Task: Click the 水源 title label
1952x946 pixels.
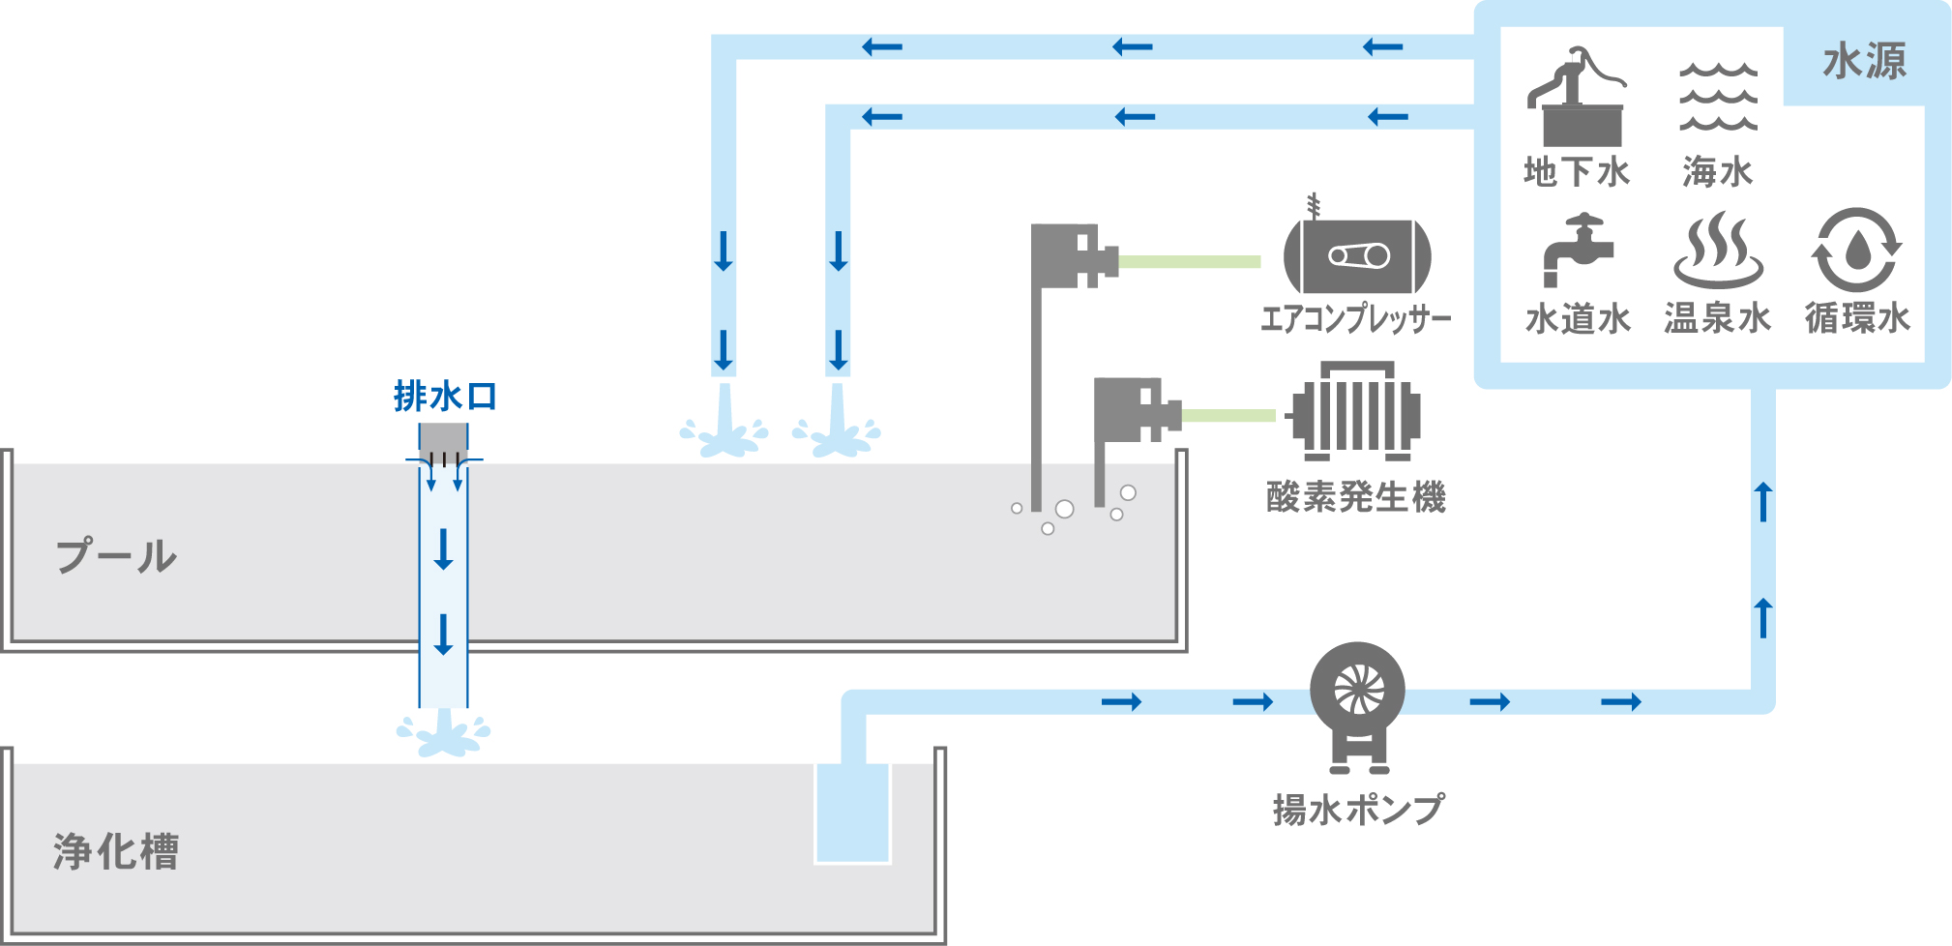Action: pyautogui.click(x=1864, y=61)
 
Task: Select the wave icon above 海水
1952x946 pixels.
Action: pyautogui.click(x=1718, y=97)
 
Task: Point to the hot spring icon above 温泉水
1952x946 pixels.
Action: pyautogui.click(x=1718, y=251)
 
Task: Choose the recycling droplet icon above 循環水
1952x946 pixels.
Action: pyautogui.click(x=1856, y=251)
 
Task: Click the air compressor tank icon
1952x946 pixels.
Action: pyautogui.click(x=1357, y=255)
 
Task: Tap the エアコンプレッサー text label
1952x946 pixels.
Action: pyautogui.click(x=1356, y=318)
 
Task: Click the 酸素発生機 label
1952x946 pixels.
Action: pyautogui.click(x=1355, y=497)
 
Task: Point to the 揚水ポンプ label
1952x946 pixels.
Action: pyautogui.click(x=1358, y=809)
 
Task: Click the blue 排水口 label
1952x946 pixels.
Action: pyautogui.click(x=445, y=397)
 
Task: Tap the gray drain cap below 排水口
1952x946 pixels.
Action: pyautogui.click(x=443, y=441)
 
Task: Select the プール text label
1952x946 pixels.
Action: pyautogui.click(x=116, y=556)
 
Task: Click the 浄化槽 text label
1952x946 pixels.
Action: pyautogui.click(x=116, y=851)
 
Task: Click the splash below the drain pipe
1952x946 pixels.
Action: pyautogui.click(x=444, y=735)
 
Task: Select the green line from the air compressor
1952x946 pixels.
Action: pyautogui.click(x=1189, y=261)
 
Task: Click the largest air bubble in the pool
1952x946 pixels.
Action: pyautogui.click(x=1065, y=509)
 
